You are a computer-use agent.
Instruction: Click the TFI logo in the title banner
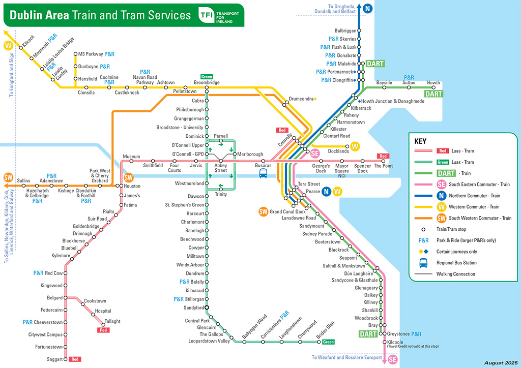pyautogui.click(x=207, y=15)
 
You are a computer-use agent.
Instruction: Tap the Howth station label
pyautogui.click(x=433, y=82)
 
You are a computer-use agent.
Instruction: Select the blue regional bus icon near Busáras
pyautogui.click(x=264, y=173)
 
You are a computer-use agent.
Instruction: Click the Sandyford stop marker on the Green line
pyautogui.click(x=207, y=308)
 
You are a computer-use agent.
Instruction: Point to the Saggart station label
pyautogui.click(x=54, y=359)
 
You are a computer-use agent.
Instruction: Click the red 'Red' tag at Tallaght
pyautogui.click(x=104, y=330)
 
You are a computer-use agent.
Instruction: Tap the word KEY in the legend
pyautogui.click(x=421, y=141)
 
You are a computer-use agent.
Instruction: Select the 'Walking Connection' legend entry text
pyautogui.click(x=455, y=274)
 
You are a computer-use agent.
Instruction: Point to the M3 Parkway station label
pyautogui.click(x=90, y=54)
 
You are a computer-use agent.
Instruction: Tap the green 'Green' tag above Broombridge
pyautogui.click(x=207, y=77)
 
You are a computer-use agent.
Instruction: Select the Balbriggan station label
pyautogui.click(x=345, y=30)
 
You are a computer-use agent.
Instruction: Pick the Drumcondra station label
pyautogui.click(x=301, y=99)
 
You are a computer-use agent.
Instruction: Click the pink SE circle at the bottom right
pyautogui.click(x=392, y=359)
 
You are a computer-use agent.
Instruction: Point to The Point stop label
pyautogui.click(x=383, y=166)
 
